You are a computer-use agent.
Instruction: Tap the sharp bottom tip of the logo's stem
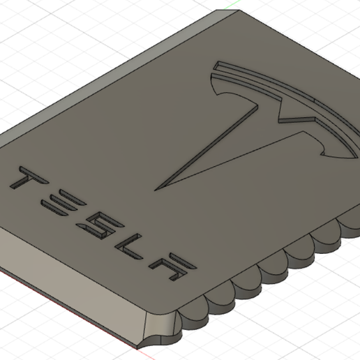click(155, 187)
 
